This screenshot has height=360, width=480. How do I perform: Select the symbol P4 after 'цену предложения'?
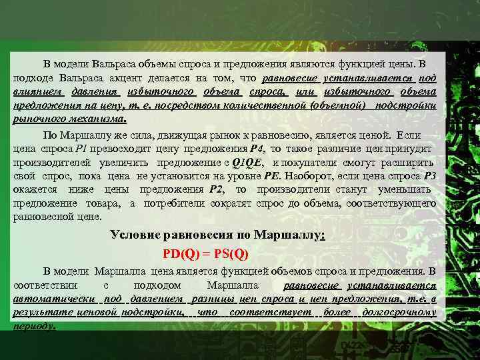(x=257, y=148)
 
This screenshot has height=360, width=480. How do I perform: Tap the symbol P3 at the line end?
(x=430, y=176)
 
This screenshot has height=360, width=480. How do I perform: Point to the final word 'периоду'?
(x=34, y=326)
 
